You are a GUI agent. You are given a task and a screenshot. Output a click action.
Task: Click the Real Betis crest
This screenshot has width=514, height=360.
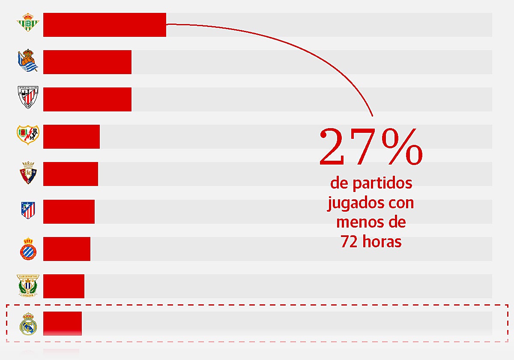pos(28,23)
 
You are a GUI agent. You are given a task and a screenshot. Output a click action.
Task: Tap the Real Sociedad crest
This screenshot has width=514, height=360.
pos(28,61)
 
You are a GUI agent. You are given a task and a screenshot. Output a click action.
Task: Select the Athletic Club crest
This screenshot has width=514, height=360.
pos(28,98)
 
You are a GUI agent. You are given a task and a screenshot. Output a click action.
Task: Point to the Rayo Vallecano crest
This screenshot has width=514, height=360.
pos(28,135)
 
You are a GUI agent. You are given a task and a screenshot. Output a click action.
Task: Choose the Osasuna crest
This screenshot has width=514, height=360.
pos(28,173)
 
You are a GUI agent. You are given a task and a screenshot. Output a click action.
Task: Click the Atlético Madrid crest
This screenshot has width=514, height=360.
pos(28,210)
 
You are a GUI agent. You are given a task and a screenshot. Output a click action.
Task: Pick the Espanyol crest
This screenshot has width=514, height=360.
pos(28,248)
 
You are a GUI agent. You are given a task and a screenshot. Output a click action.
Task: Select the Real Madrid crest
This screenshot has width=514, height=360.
pos(28,324)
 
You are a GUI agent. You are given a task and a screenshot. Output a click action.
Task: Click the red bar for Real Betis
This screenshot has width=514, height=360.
pos(105,25)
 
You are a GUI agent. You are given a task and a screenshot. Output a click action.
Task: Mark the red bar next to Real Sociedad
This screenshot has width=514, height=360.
pos(87,62)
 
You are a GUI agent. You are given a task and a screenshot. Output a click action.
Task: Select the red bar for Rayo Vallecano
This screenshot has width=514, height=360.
pos(72,137)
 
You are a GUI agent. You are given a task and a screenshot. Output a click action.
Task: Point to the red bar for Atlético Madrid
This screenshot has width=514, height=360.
pos(69,211)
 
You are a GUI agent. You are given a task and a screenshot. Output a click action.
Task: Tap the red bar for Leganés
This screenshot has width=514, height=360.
pos(64,286)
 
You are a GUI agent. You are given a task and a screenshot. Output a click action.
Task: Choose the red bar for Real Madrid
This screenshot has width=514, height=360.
pos(63,323)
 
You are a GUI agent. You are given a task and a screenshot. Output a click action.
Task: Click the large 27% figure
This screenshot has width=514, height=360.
pos(371,147)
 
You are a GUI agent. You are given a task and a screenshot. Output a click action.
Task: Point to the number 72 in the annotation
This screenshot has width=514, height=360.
pos(349,242)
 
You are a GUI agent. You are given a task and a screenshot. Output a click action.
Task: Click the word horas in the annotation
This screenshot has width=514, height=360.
pos(382,242)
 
